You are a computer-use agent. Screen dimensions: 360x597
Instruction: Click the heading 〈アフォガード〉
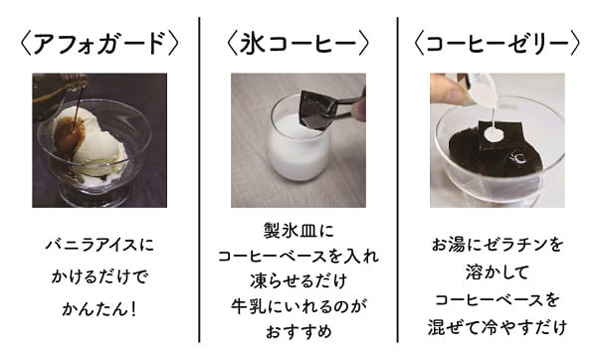coord(99,43)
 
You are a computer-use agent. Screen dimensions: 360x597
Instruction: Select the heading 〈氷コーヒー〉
coord(298,43)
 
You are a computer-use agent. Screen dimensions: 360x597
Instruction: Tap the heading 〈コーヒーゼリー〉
coord(497,43)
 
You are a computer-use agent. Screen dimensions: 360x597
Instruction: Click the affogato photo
coord(99,140)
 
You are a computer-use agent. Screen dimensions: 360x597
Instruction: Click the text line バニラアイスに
coord(99,244)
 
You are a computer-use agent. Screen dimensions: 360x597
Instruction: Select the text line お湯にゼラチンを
coord(497,244)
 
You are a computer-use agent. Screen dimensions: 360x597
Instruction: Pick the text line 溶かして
coord(497,270)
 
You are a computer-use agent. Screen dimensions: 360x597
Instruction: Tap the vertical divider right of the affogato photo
coord(199,179)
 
